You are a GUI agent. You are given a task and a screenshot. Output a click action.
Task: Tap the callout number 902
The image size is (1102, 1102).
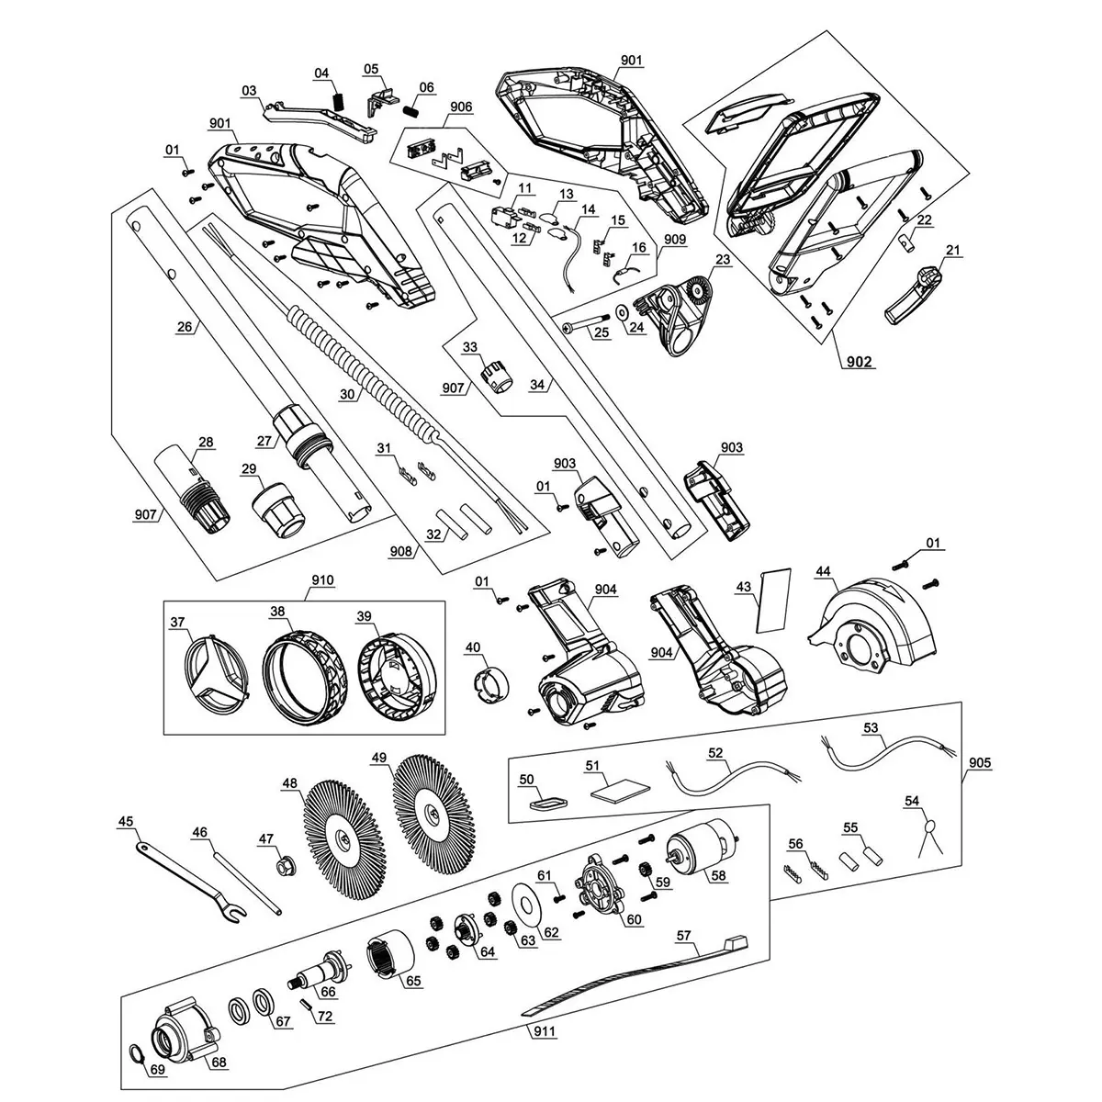pos(859,361)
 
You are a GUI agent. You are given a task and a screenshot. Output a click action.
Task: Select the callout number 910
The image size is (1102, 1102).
pos(322,579)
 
